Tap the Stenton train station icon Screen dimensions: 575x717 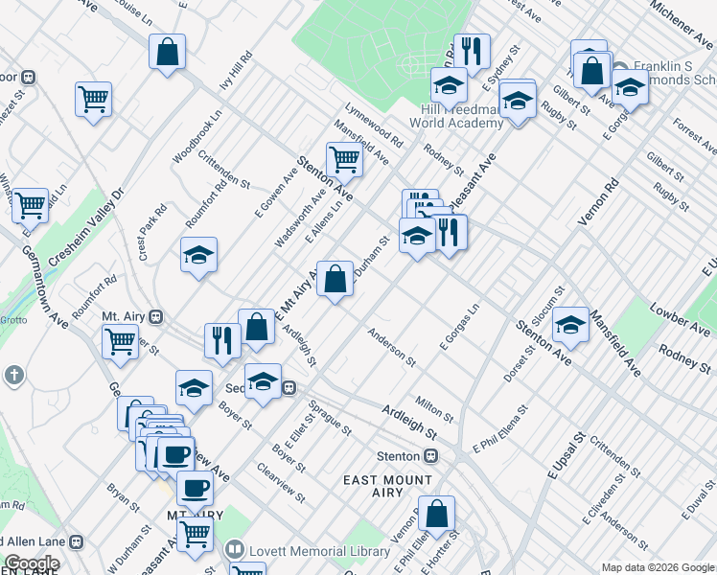431,455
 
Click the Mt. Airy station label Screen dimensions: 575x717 123,315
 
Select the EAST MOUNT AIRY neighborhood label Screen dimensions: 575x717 388,487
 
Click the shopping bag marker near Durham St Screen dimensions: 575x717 335,280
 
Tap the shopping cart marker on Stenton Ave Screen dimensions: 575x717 344,160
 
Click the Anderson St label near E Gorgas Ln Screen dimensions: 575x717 393,347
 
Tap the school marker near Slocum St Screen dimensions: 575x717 570,325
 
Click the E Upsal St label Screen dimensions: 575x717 566,456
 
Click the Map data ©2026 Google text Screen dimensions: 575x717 658,567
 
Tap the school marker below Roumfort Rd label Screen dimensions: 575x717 198,255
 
